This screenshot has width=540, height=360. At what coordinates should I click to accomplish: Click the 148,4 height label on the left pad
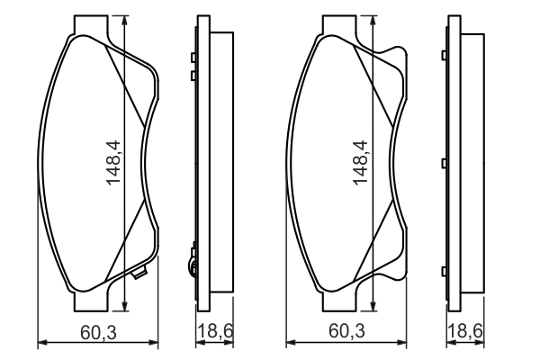pos(113,162)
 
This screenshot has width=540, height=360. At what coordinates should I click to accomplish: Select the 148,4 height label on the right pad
pos(359,162)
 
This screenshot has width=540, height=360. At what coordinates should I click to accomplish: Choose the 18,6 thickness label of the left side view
pos(215,332)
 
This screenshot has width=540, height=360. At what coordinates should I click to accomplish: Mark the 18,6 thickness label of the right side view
pos(463,332)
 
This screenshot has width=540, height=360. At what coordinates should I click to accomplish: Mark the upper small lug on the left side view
pos(193,58)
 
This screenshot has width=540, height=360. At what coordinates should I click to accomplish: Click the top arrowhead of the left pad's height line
pos(123,20)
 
